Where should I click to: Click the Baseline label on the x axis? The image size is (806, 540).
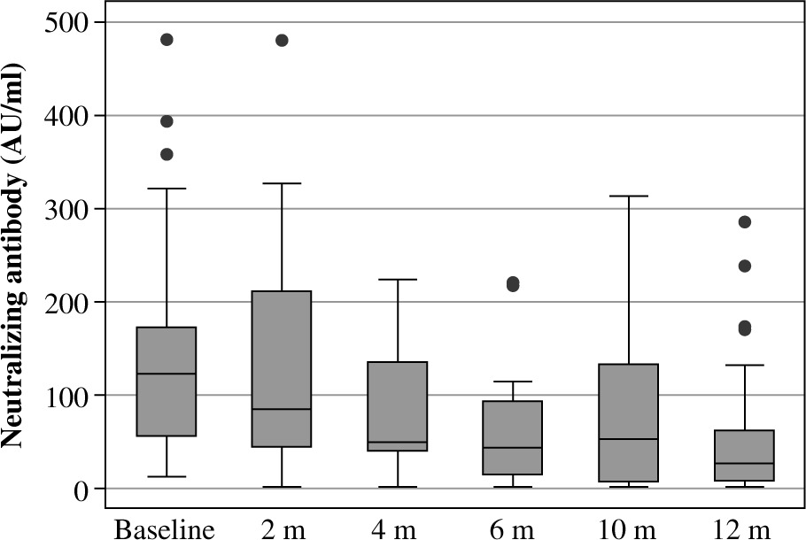(x=166, y=529)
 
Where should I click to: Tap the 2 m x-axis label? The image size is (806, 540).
(x=282, y=529)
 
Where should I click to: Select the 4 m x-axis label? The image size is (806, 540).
(x=398, y=529)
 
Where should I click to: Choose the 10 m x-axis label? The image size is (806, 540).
(x=628, y=529)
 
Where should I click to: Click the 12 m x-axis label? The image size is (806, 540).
(x=744, y=529)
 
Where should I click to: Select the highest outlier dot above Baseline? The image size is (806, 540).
(x=167, y=40)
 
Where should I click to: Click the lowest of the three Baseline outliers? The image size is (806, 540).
(x=167, y=154)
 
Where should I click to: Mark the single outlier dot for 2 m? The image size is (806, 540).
(x=282, y=40)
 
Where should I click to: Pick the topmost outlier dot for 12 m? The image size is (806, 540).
(x=744, y=222)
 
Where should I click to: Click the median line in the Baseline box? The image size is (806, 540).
(x=167, y=374)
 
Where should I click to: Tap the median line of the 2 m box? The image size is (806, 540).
(x=282, y=409)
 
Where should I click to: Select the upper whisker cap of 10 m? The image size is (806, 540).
(x=629, y=196)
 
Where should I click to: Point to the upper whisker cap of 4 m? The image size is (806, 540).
(x=398, y=280)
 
